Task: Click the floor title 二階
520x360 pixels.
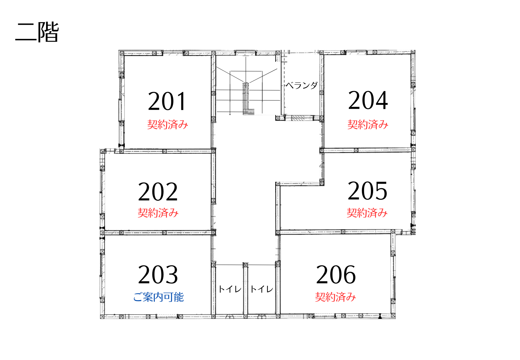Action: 37,32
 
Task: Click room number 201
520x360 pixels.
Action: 167,101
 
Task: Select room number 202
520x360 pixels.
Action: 158,191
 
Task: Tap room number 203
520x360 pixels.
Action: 158,275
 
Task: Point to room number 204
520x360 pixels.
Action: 368,100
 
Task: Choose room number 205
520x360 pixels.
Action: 367,191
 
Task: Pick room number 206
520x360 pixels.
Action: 336,275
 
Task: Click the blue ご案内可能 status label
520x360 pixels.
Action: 158,297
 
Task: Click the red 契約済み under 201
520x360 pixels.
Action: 167,124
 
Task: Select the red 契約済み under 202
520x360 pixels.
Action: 158,213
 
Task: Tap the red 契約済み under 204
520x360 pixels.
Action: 368,124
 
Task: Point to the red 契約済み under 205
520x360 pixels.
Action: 367,213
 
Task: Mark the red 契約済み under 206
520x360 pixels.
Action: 335,297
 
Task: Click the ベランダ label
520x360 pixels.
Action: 301,85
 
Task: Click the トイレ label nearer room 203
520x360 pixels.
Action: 230,289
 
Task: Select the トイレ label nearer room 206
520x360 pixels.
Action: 262,289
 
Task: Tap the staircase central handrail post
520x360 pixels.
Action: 246,98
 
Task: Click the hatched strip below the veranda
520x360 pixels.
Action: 298,118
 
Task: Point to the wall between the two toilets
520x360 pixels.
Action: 246,290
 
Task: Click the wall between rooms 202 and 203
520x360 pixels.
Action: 158,233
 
